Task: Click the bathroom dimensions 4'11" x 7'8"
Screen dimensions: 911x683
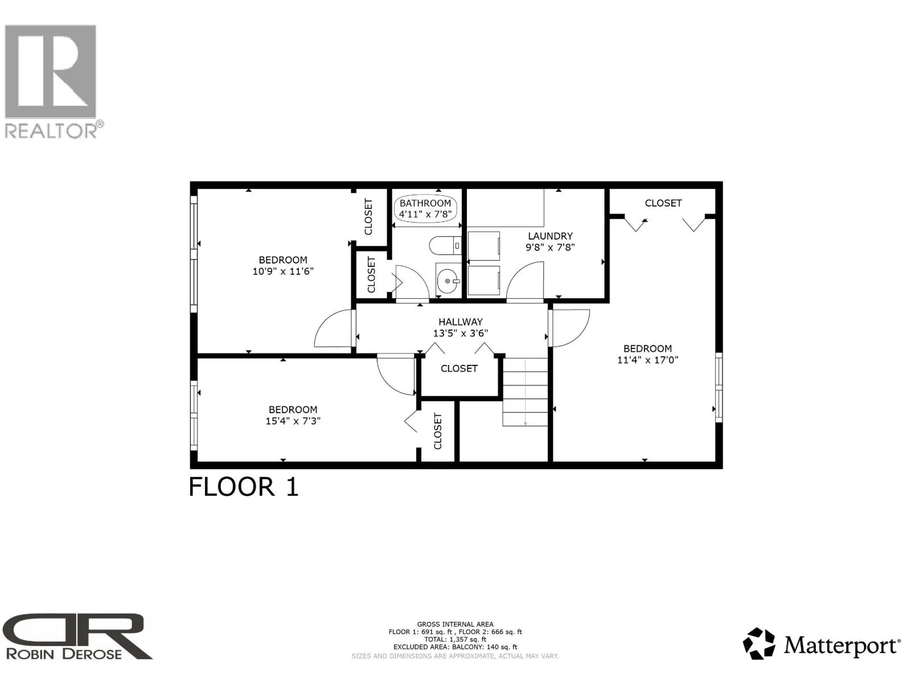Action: point(425,215)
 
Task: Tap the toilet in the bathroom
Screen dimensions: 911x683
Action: point(445,245)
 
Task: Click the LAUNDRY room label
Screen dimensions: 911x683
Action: point(551,236)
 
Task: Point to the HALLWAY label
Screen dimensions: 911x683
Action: point(461,322)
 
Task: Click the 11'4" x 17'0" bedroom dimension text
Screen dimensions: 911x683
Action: point(647,360)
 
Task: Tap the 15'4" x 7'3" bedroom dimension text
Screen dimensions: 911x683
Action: point(293,421)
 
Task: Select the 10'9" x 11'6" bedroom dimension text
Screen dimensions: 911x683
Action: point(283,271)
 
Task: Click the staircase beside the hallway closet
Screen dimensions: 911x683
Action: point(526,392)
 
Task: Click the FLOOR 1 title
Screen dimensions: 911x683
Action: point(244,487)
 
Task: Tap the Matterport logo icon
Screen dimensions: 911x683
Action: point(759,643)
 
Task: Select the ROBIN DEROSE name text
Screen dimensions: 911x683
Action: point(64,654)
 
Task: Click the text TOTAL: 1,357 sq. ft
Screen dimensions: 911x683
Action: point(455,639)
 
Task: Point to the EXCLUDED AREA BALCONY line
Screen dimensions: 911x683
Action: point(455,647)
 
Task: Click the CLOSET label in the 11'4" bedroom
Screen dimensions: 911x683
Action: point(663,203)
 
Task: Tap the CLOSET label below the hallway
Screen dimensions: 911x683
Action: point(459,369)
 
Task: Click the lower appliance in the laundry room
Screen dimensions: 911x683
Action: point(483,281)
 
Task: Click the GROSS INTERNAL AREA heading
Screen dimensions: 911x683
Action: point(455,624)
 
